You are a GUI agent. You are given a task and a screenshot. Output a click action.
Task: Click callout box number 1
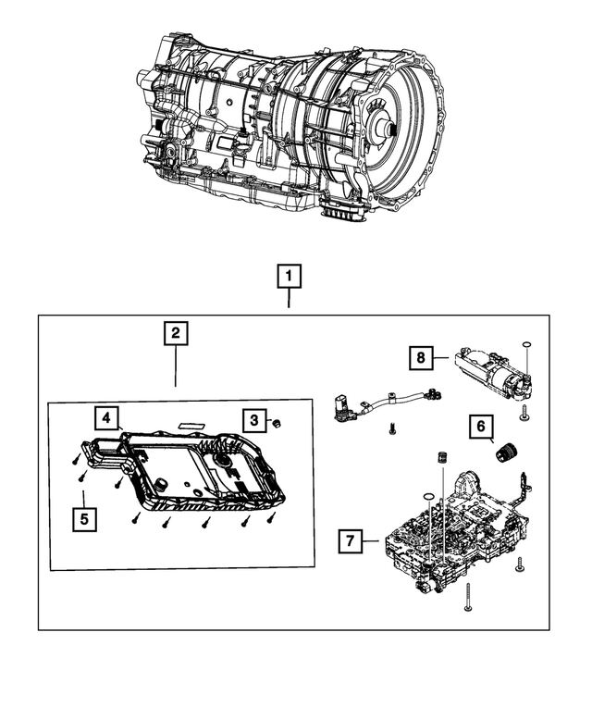289,276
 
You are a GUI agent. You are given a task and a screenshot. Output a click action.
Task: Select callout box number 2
176,333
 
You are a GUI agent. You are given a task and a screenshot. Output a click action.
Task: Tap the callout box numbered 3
254,419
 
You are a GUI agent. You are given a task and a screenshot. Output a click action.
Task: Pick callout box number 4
106,417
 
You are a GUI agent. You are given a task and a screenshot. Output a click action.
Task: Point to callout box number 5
84,519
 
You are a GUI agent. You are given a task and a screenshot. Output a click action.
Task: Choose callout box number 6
481,427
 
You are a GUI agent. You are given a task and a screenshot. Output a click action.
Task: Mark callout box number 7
350,540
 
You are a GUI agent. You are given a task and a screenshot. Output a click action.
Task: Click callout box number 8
421,357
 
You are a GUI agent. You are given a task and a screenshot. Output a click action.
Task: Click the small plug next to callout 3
276,423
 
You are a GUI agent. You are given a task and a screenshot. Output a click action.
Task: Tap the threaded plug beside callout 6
504,452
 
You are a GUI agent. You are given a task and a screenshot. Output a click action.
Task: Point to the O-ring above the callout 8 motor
526,345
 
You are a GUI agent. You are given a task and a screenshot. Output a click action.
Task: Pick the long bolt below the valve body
468,597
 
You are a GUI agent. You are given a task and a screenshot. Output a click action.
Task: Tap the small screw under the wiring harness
392,428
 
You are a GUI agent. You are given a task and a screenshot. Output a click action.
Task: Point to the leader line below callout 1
289,298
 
